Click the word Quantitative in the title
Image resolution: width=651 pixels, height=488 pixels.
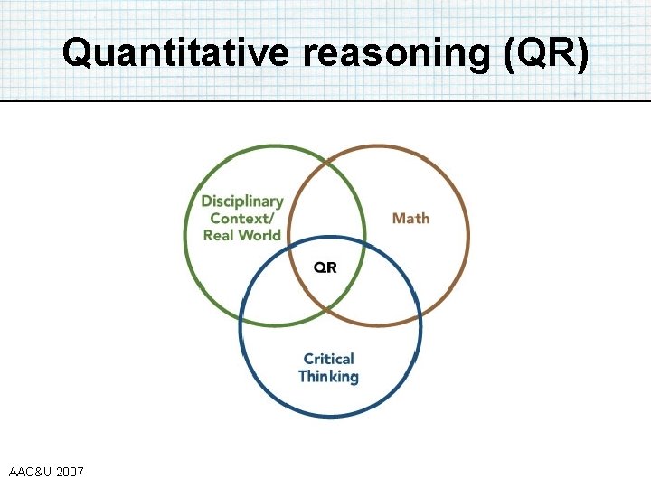point(177,53)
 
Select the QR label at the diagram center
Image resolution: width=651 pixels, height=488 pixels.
point(325,267)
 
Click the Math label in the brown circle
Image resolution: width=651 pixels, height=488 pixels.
point(410,218)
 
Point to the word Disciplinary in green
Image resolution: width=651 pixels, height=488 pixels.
point(241,202)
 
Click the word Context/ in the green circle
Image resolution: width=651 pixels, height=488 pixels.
point(241,218)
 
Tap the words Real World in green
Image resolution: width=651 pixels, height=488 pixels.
point(241,235)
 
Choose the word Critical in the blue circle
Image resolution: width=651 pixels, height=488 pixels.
point(328,359)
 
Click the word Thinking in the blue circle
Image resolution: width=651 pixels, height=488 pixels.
point(328,376)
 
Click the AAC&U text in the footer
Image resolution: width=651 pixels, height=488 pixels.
point(31,472)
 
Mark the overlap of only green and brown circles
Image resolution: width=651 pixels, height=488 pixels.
point(326,203)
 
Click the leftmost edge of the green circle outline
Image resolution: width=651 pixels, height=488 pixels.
point(184,235)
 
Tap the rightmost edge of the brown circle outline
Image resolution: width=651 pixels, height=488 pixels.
point(469,235)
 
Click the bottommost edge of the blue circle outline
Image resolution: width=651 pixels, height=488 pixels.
point(330,417)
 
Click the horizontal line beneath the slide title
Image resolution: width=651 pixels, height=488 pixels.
point(325,100)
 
